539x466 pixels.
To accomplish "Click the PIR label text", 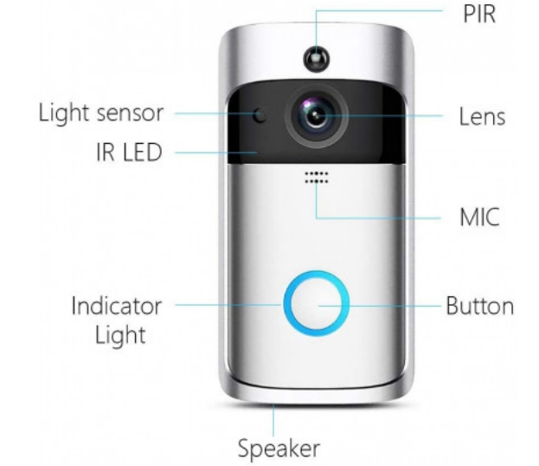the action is click(479, 14).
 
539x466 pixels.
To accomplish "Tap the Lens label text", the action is click(482, 117).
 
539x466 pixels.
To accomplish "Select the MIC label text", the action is click(479, 217).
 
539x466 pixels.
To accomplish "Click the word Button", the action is click(479, 306).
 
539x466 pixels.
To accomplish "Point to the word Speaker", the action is click(279, 449).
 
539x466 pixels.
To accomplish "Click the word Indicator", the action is click(117, 306).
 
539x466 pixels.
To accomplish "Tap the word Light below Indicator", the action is click(120, 335).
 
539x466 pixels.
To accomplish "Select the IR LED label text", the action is click(129, 152).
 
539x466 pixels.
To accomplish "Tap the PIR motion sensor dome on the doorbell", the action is click(317, 59).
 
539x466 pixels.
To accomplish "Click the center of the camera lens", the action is click(317, 116).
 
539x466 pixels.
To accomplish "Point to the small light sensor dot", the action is click(260, 115).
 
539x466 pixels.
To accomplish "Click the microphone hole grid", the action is click(317, 177).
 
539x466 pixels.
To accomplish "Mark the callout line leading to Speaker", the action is click(273, 421).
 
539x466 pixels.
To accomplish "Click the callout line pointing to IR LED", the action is click(216, 152).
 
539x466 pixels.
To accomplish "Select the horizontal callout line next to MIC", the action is click(378, 218).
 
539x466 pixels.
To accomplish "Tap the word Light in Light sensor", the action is click(64, 113).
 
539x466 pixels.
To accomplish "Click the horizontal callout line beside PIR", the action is click(379, 10).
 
